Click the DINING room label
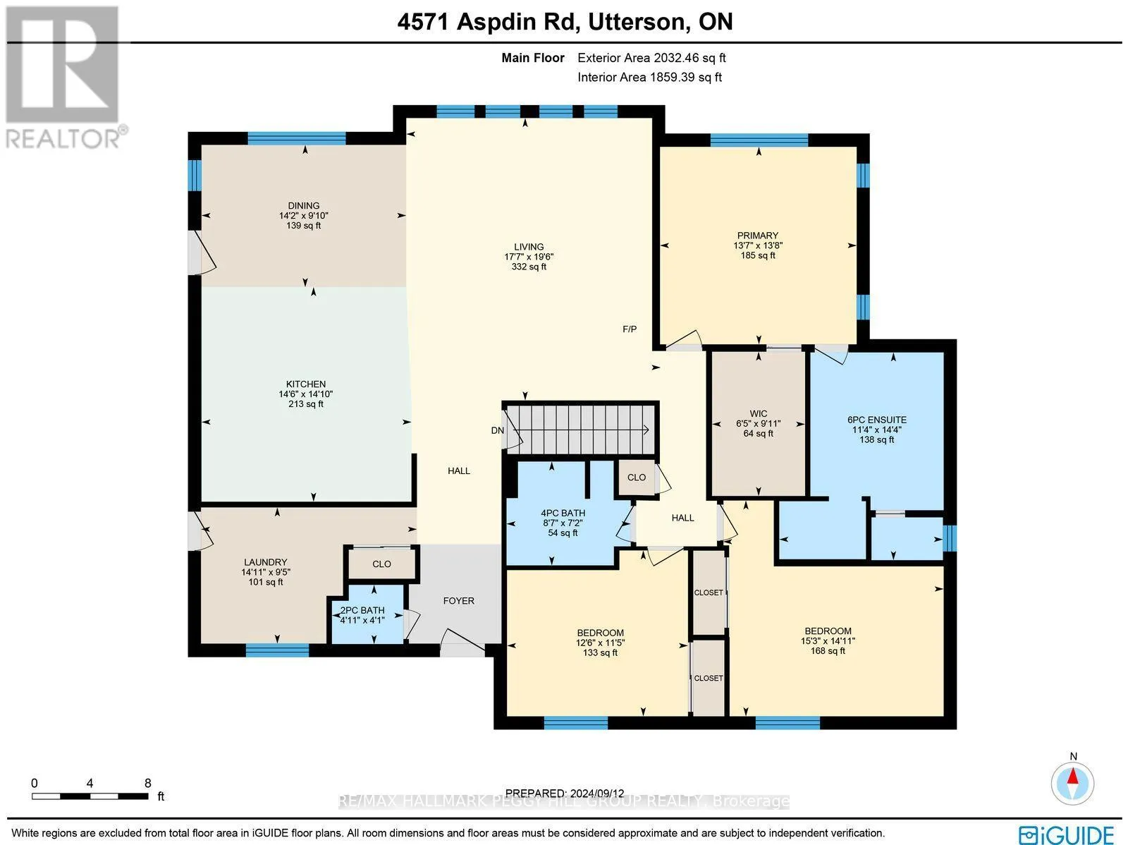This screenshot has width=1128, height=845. point(303,205)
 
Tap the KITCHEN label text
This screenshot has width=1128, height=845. point(306,384)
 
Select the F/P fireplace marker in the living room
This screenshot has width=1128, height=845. point(630,329)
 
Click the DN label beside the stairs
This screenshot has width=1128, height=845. point(498,430)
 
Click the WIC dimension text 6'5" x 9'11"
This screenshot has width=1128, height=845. point(758,423)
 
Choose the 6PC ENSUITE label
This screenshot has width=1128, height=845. point(877,420)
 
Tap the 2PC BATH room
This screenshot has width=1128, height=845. point(367,614)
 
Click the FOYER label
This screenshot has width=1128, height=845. point(459,600)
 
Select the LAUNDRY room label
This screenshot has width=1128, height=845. point(266,561)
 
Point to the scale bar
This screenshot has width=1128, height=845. point(90,796)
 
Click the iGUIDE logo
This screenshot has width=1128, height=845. point(1066,834)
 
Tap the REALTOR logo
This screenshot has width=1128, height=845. point(64,77)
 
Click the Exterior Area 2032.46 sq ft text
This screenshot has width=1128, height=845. point(651,58)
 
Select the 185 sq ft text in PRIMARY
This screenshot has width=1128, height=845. point(758,255)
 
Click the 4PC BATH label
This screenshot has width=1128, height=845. point(563,513)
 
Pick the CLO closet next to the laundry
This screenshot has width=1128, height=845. point(382,564)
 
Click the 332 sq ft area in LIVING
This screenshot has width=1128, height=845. point(529,267)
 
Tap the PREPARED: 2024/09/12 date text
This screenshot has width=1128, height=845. point(565,793)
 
